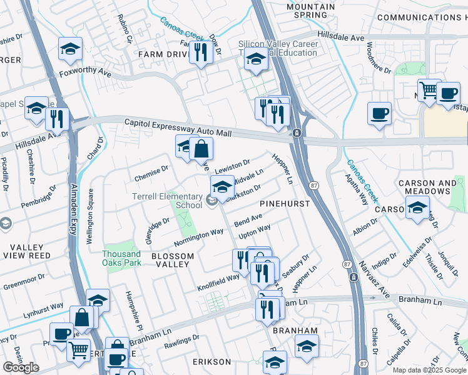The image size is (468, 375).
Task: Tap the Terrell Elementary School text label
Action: [167, 200]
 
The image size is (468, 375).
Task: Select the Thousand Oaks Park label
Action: [122, 258]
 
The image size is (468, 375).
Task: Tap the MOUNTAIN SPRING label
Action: [310, 11]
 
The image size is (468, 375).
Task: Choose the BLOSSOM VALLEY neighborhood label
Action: [170, 260]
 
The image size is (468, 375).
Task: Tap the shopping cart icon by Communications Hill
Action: [429, 90]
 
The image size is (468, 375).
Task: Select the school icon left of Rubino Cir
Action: [71, 49]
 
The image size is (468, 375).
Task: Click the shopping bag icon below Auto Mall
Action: [201, 149]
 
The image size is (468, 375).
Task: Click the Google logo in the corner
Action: [21, 367]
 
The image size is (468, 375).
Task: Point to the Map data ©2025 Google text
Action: [429, 370]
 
